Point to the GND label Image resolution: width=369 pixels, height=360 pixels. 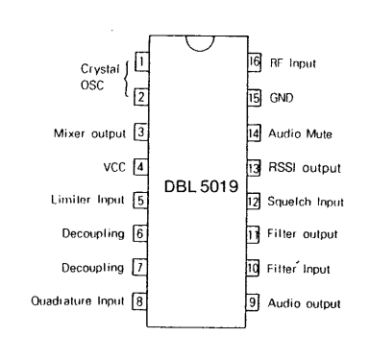[x=284, y=97]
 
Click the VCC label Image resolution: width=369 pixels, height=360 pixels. [x=116, y=166]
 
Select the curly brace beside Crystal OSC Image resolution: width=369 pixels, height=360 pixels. [x=126, y=80]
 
